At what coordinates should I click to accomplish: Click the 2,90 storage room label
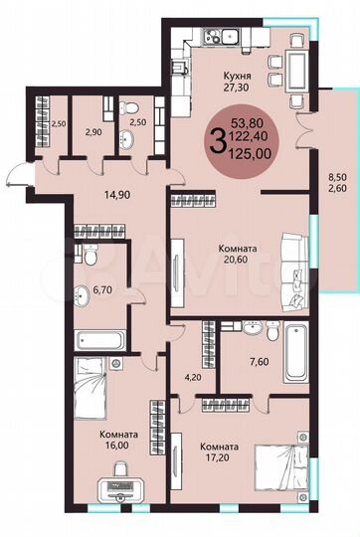click(93, 131)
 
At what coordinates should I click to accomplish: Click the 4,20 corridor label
click(192, 377)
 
